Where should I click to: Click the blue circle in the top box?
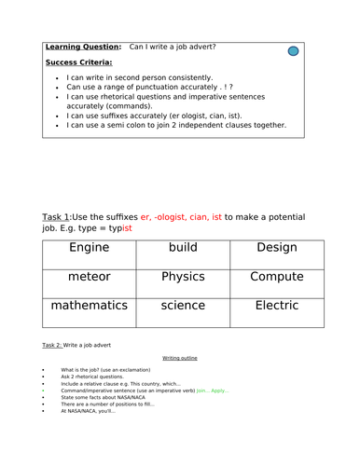click(293, 50)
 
